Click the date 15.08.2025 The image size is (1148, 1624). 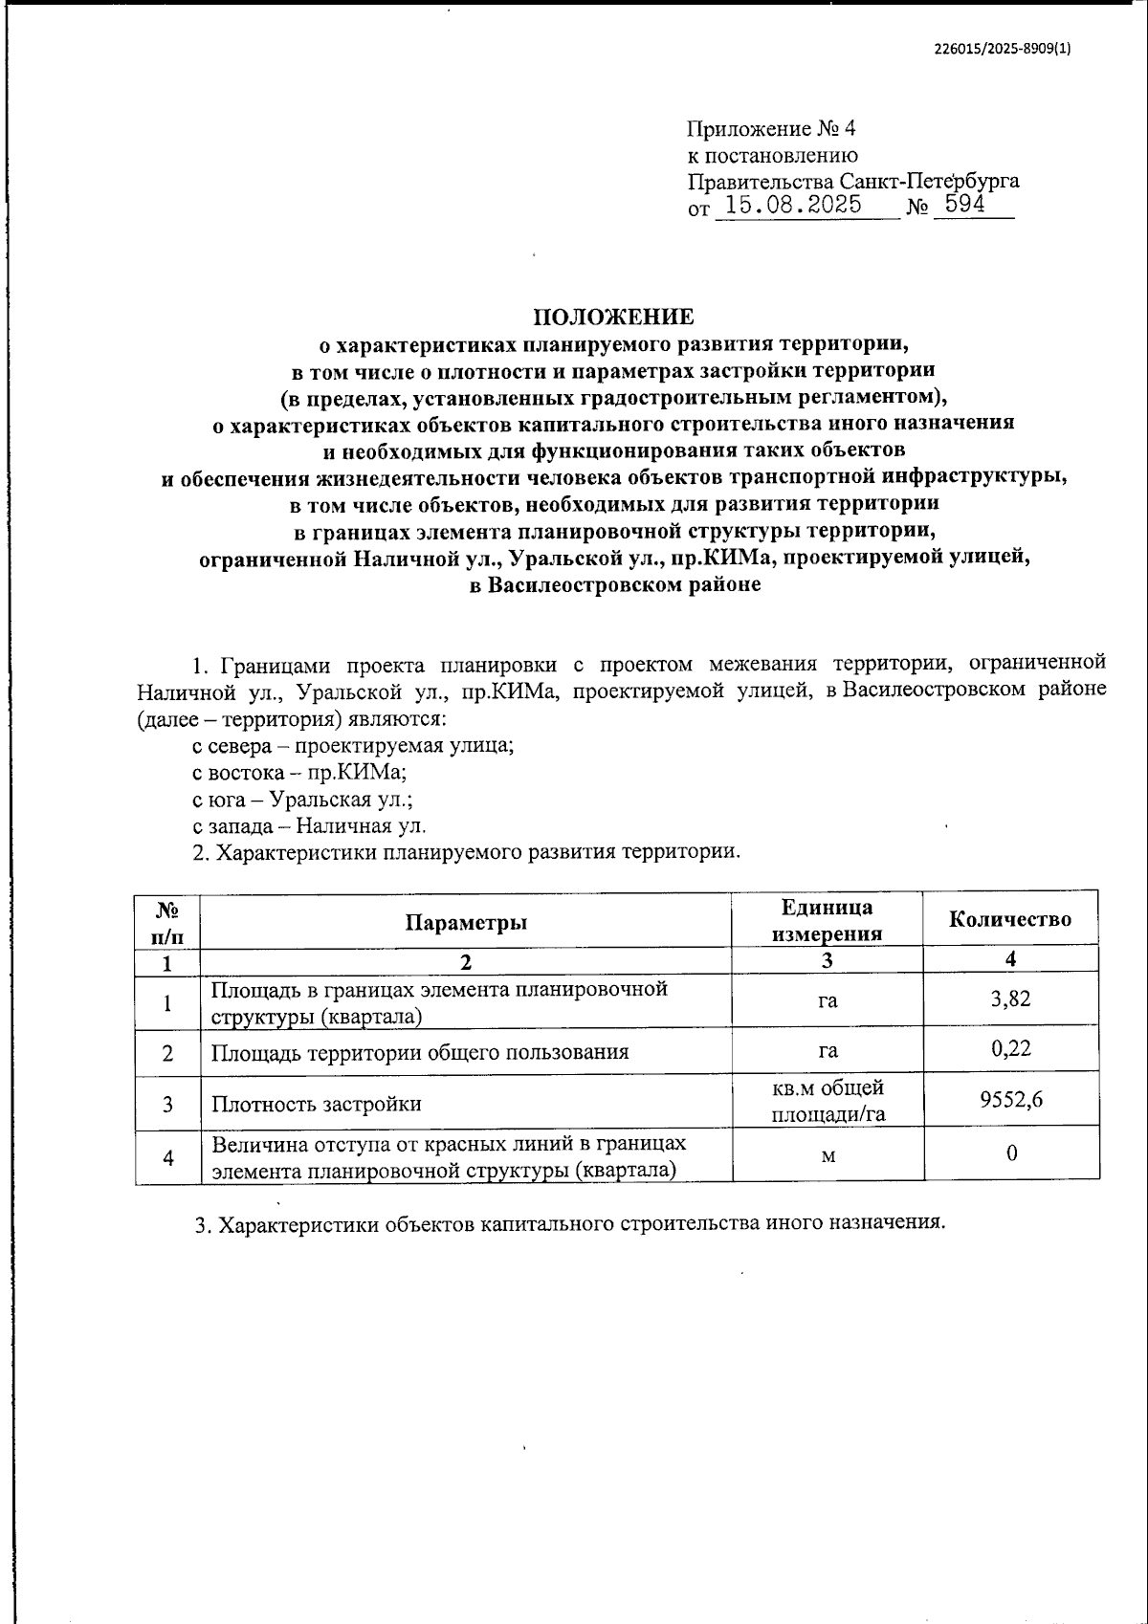(794, 205)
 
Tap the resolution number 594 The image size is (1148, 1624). (965, 204)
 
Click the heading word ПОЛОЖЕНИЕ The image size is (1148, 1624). (613, 317)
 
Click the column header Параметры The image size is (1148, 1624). (466, 922)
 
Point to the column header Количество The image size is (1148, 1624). (1009, 920)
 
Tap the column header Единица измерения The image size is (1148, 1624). (828, 921)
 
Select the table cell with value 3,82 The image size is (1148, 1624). (1010, 999)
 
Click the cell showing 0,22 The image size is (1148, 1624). (1010, 1049)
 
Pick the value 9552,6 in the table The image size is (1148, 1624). (1010, 1101)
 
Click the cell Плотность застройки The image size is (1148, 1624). (317, 1104)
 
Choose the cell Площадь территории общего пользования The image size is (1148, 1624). (420, 1053)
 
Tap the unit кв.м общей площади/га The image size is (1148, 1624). (828, 1101)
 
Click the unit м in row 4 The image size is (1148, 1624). (828, 1155)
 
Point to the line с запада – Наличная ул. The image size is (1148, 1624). (309, 825)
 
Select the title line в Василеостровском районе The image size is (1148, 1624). (615, 585)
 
